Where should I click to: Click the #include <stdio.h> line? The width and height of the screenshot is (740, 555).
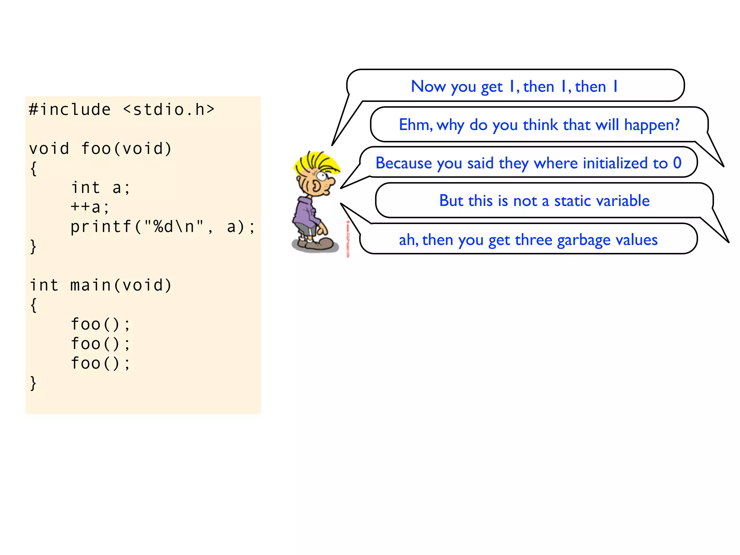(x=122, y=109)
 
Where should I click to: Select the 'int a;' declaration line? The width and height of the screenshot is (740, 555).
(x=100, y=188)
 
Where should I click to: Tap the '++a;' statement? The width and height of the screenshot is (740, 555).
(x=90, y=207)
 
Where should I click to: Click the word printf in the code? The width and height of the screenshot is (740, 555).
(x=101, y=227)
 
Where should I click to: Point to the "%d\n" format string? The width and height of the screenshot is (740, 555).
(x=174, y=227)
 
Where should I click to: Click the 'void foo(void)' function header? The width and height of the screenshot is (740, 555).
(x=100, y=149)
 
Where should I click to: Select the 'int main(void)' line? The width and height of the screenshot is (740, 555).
(x=100, y=285)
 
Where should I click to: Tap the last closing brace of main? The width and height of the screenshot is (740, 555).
(x=33, y=383)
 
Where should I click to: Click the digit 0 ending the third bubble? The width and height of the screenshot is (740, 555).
(x=677, y=163)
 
